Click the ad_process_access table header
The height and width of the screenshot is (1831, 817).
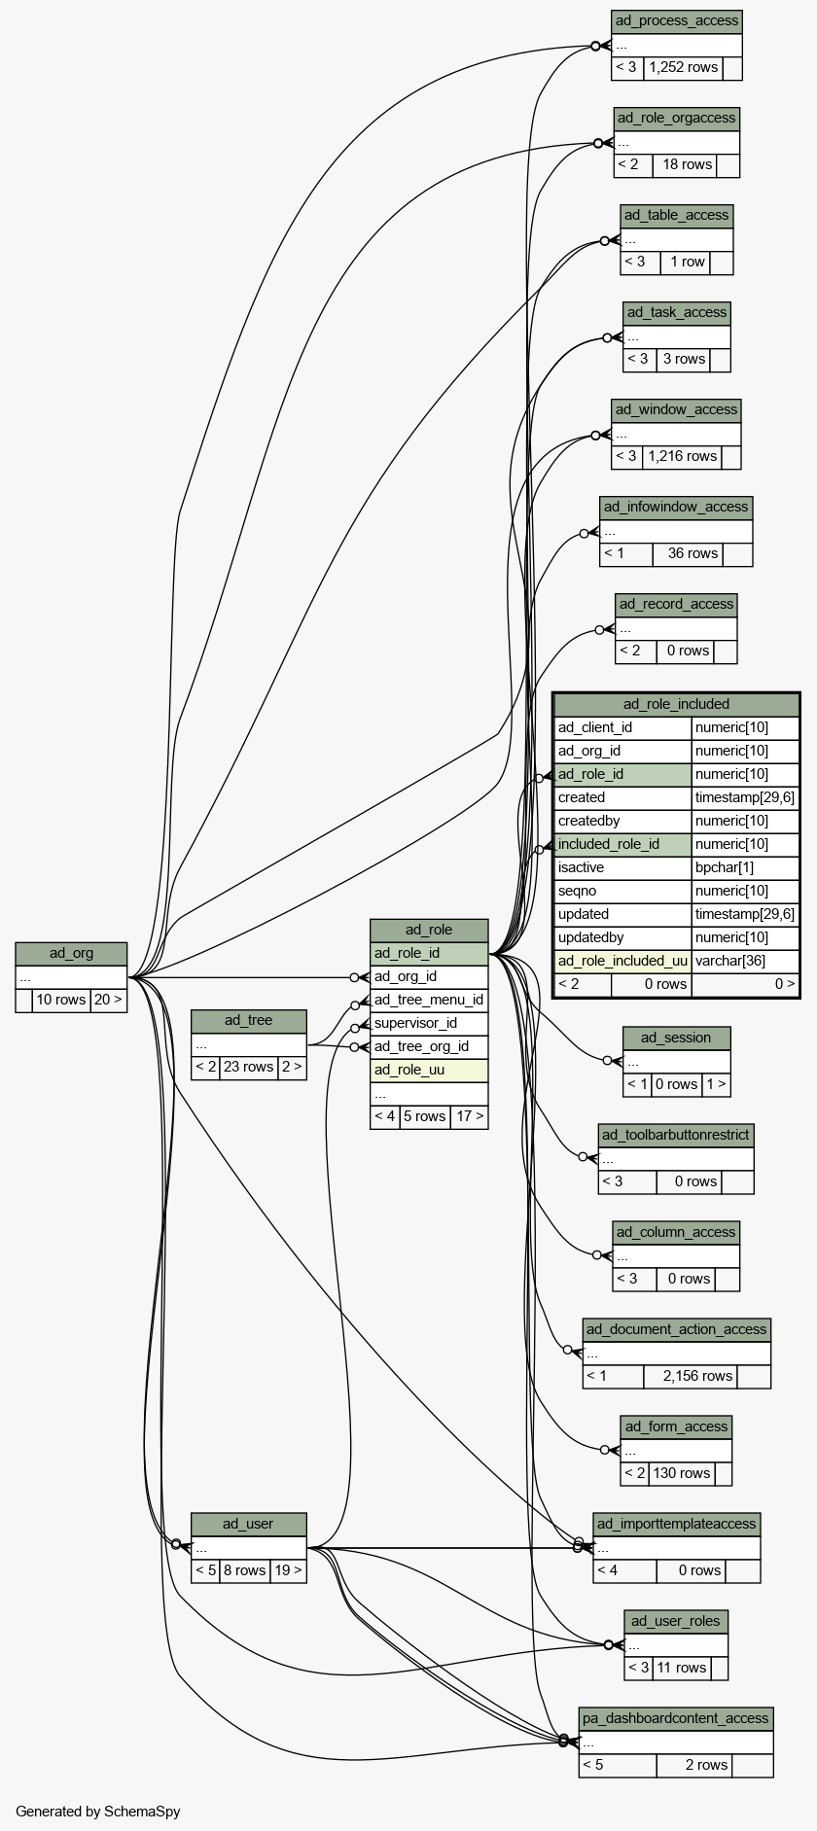676,21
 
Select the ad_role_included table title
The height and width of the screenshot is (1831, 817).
676,704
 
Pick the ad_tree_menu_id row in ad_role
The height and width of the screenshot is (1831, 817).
428,1000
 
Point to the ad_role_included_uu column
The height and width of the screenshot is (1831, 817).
622,961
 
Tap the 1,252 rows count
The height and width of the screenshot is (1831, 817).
683,68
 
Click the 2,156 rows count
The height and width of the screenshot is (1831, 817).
697,1376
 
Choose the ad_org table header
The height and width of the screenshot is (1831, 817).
71,953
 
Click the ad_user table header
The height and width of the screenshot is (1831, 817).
248,1524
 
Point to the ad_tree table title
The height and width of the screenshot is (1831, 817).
248,1020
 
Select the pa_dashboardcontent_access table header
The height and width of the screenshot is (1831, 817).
676,1718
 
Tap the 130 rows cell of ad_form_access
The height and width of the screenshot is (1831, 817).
681,1473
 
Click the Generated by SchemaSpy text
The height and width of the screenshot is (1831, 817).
97,1812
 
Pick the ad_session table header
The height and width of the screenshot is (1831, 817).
676,1038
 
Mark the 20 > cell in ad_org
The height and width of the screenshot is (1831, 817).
108,1000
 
